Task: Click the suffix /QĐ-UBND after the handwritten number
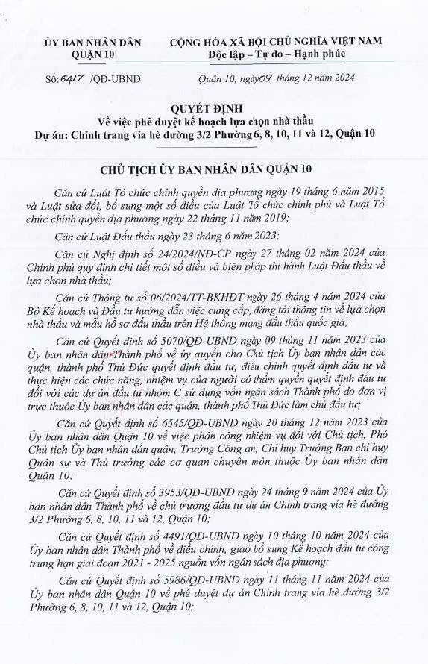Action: pyautogui.click(x=115, y=78)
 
